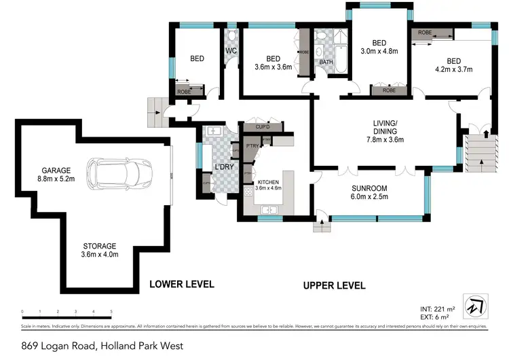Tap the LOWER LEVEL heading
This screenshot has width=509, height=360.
[x=181, y=284]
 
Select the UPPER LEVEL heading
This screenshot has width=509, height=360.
[x=333, y=285]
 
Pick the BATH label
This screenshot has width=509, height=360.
[x=326, y=63]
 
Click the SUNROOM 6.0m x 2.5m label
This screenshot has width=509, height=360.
[x=369, y=192]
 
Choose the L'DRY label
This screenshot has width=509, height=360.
[x=223, y=167]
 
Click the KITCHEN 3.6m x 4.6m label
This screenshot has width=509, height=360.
[x=270, y=185]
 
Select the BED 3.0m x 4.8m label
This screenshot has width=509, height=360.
[x=380, y=45]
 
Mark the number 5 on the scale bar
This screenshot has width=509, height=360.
[x=111, y=313]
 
